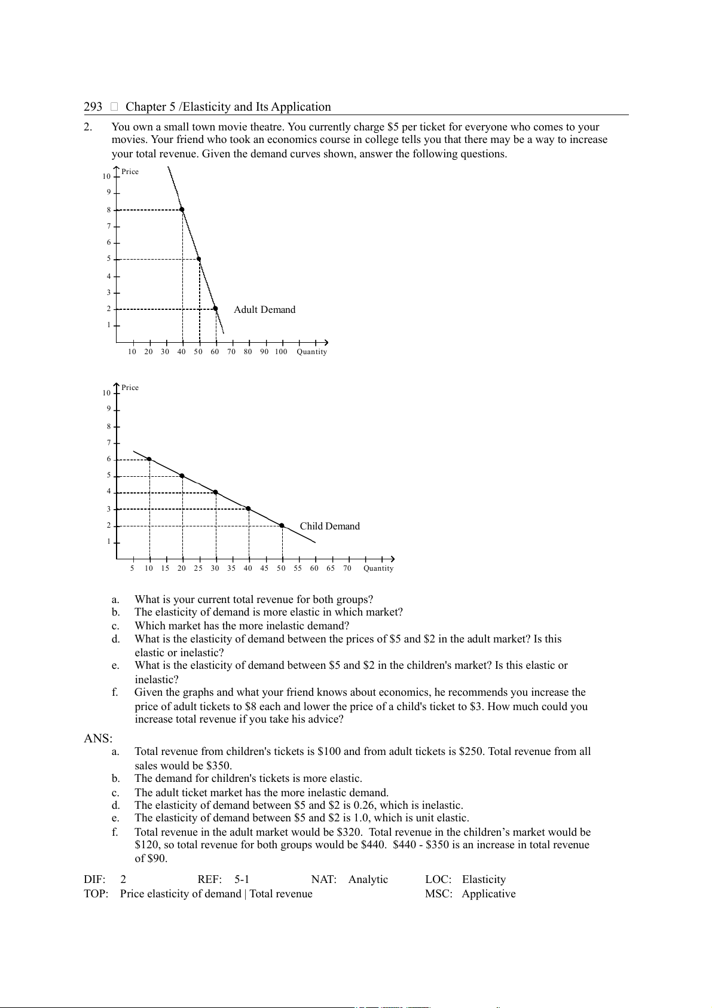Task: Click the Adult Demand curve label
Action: tap(264, 309)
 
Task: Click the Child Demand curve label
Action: tap(329, 526)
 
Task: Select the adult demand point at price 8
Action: tap(182, 209)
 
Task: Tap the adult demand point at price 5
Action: tap(198, 259)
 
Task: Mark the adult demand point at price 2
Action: tap(215, 309)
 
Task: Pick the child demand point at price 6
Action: tap(149, 459)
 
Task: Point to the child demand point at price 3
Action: tap(248, 508)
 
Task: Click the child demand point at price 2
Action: tap(282, 525)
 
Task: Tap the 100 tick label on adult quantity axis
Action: tap(281, 352)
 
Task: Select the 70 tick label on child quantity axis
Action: tap(347, 568)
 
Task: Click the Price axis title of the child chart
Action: tap(130, 388)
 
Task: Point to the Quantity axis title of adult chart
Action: tap(311, 352)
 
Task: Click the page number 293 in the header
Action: tap(93, 106)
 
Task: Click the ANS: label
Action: tap(98, 738)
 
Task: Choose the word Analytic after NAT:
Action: tap(368, 879)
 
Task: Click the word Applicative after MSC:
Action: tap(488, 894)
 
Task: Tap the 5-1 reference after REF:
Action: tap(242, 879)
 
